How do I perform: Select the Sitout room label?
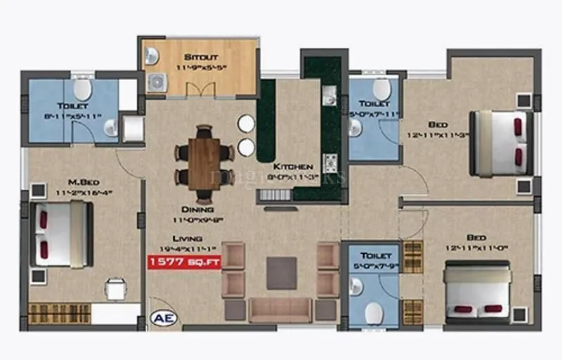tap(201, 57)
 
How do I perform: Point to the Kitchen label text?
tap(293, 167)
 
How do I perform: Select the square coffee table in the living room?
tap(282, 273)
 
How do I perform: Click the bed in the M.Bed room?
tap(62, 233)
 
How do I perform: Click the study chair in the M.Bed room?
tap(116, 288)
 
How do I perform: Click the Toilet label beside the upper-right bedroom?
tap(374, 103)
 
